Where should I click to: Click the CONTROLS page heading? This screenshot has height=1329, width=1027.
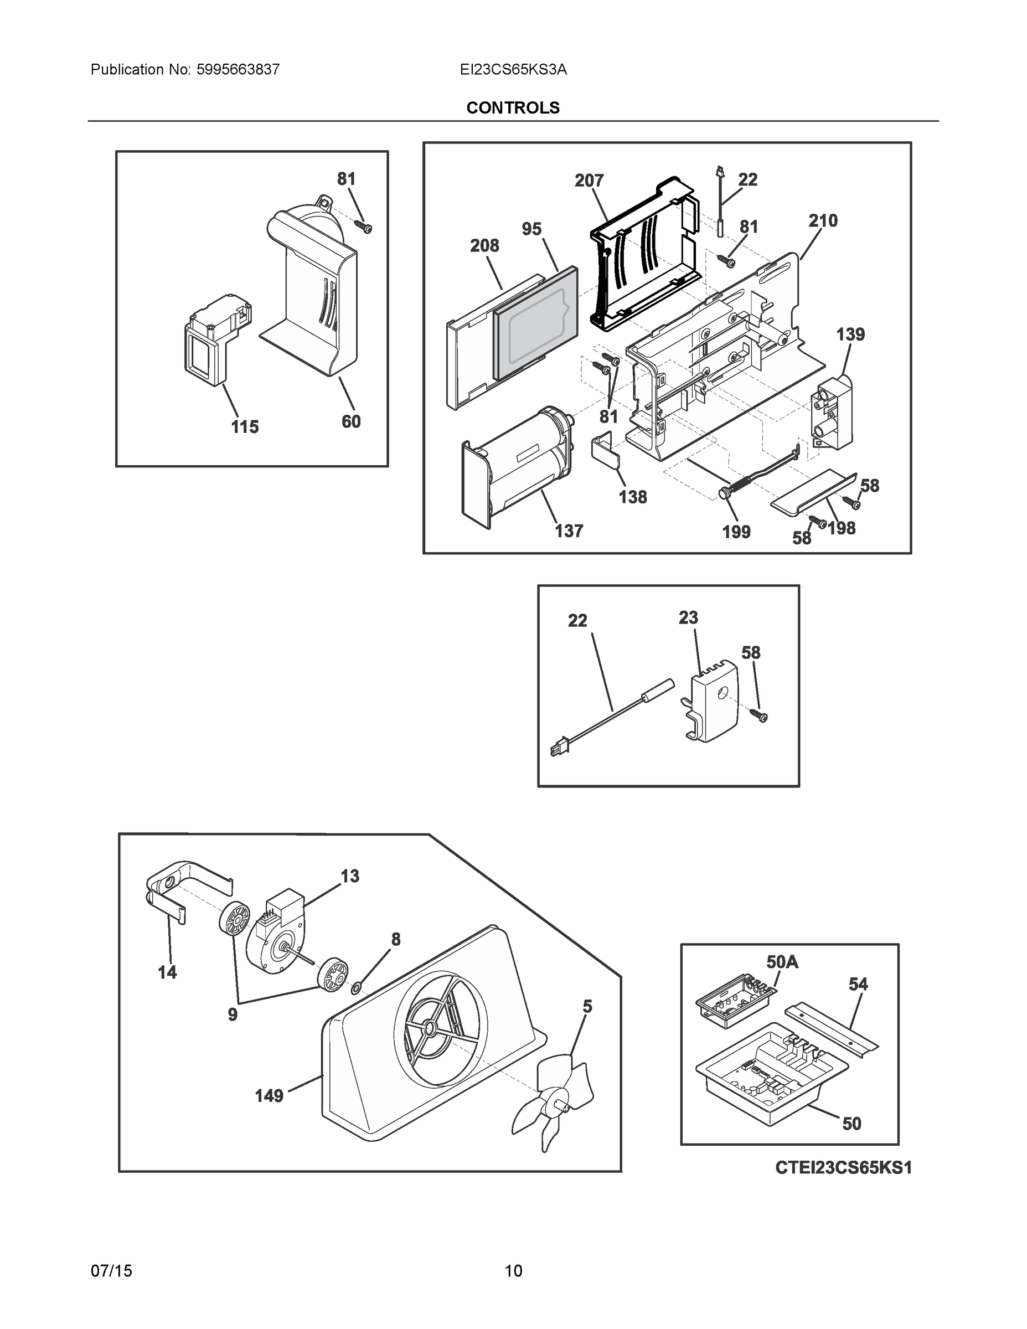(512, 108)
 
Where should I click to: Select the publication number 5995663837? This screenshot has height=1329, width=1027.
(238, 69)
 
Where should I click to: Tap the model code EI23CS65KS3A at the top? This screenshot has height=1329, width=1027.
(513, 69)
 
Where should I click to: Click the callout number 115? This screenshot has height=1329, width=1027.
(245, 427)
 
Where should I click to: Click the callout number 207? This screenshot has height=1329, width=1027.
(589, 181)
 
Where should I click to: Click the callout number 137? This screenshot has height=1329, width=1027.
(569, 531)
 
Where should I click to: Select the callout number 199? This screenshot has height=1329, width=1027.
(736, 533)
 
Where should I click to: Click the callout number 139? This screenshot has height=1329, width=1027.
(850, 334)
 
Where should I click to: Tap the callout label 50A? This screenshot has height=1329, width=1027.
(782, 961)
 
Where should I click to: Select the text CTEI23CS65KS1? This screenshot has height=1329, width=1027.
(843, 1168)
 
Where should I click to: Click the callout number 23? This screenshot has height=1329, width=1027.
(688, 617)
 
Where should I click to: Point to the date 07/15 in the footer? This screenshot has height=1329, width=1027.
(111, 1271)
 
